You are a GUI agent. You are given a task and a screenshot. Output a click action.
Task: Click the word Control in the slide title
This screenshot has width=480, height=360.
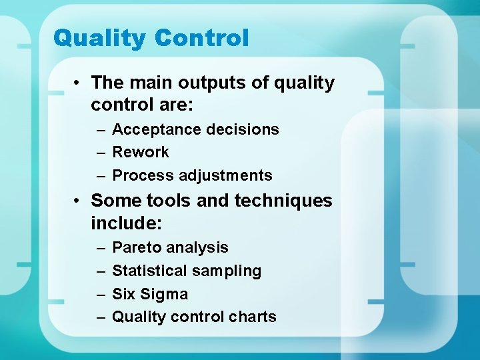(201, 38)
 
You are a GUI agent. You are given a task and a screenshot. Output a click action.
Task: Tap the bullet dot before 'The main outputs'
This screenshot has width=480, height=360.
(78, 83)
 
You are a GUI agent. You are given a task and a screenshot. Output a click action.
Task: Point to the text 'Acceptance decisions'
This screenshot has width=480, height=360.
(195, 129)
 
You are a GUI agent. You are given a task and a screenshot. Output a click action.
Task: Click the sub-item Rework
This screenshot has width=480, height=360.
(140, 152)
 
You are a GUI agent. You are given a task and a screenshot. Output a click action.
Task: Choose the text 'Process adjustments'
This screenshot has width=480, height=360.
(192, 175)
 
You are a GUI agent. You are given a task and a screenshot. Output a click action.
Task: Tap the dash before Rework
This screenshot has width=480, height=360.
(101, 153)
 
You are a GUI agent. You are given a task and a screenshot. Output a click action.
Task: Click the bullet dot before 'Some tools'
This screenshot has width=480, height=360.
(78, 201)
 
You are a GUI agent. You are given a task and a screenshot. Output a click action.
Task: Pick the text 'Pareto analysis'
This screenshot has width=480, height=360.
(170, 247)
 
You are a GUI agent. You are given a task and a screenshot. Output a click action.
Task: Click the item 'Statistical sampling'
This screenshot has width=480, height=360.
(187, 271)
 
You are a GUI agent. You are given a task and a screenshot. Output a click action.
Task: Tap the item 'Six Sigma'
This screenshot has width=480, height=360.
(150, 294)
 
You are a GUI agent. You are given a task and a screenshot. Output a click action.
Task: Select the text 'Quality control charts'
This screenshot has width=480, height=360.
(194, 317)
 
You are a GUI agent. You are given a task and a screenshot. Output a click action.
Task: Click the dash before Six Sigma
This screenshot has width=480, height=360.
(101, 295)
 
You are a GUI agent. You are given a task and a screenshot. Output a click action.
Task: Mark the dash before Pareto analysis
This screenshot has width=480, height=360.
(101, 248)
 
